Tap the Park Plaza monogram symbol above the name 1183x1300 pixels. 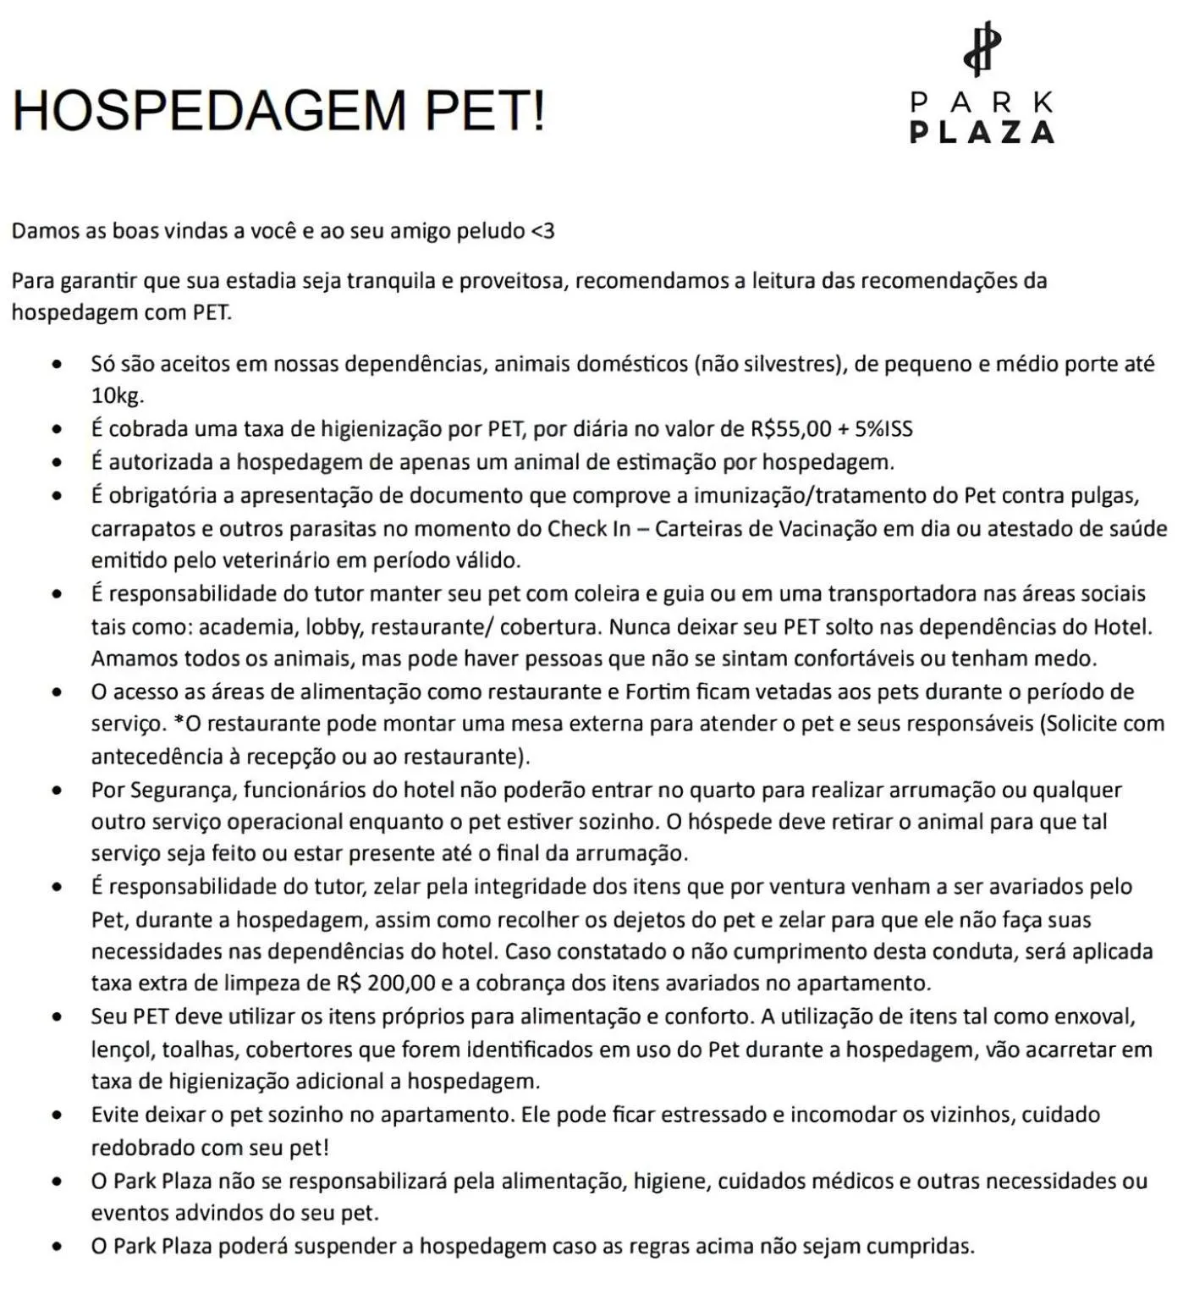pyautogui.click(x=982, y=50)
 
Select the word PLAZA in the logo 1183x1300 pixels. pyautogui.click(x=982, y=132)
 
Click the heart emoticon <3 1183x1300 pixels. pyautogui.click(x=542, y=231)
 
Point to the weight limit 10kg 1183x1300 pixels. pyautogui.click(x=117, y=396)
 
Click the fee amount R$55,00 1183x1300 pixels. pyautogui.click(x=790, y=429)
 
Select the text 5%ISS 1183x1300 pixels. pyautogui.click(x=883, y=429)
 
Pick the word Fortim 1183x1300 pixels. pyautogui.click(x=658, y=692)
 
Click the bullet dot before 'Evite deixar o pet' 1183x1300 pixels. pyautogui.click(x=57, y=1115)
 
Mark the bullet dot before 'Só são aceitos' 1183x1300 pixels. pyautogui.click(x=57, y=365)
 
